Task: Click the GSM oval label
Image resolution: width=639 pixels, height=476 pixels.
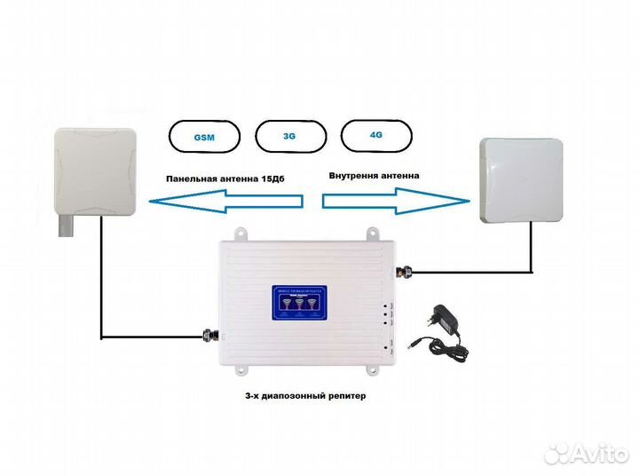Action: tap(204, 139)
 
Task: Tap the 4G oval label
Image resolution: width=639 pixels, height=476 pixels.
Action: tap(375, 135)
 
